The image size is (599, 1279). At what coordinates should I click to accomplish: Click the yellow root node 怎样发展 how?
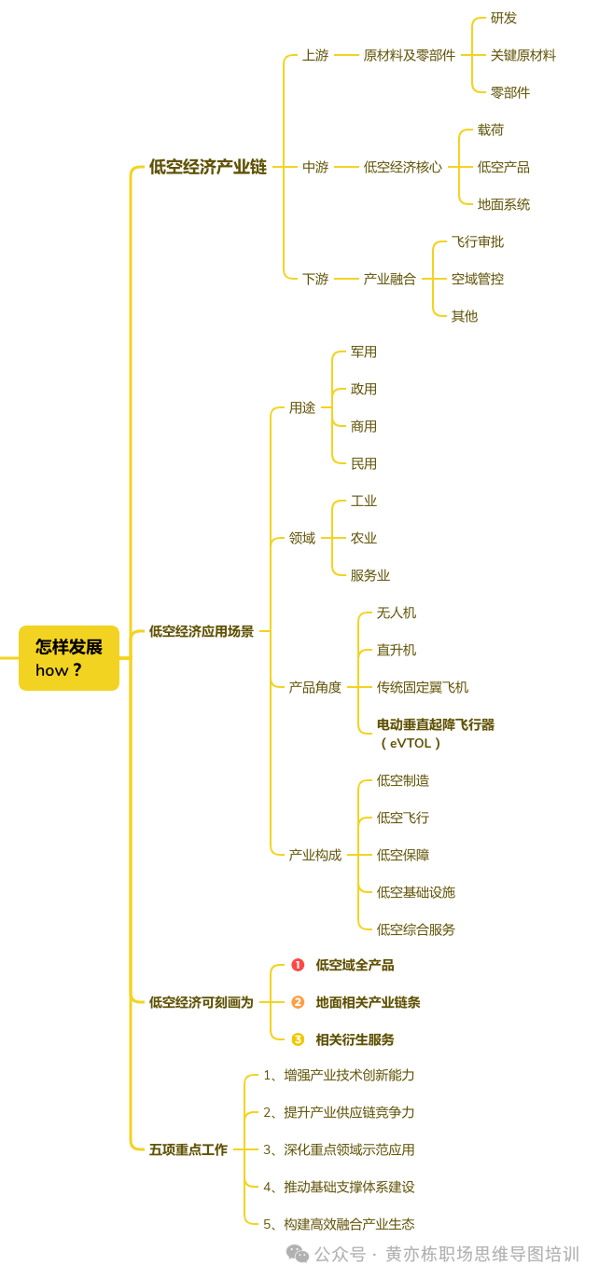click(69, 658)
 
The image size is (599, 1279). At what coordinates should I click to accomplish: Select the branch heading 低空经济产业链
click(207, 167)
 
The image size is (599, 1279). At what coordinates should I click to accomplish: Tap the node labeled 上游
click(315, 56)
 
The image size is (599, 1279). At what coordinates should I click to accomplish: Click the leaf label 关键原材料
click(522, 56)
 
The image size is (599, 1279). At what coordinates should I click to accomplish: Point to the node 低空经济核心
click(402, 168)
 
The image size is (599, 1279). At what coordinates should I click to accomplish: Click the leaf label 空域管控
click(477, 279)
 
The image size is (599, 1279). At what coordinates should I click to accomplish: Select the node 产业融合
click(389, 279)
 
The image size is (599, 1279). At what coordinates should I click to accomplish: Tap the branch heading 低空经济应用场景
click(201, 631)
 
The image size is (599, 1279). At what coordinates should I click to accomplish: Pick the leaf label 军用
click(363, 352)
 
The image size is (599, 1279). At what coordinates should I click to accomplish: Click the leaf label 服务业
click(369, 575)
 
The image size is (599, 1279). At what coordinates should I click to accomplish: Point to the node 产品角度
click(314, 687)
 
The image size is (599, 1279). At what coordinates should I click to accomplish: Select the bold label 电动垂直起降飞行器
click(435, 724)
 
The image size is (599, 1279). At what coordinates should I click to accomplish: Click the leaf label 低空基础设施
click(415, 892)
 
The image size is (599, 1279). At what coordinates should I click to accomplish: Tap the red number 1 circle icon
click(298, 965)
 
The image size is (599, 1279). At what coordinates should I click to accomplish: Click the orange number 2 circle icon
click(298, 1002)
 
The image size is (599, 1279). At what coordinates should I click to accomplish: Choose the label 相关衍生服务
click(355, 1039)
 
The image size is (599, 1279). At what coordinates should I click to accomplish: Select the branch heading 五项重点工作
click(188, 1149)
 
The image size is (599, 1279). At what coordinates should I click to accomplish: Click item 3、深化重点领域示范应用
click(338, 1149)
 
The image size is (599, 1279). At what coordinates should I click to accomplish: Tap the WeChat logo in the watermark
click(298, 1254)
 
